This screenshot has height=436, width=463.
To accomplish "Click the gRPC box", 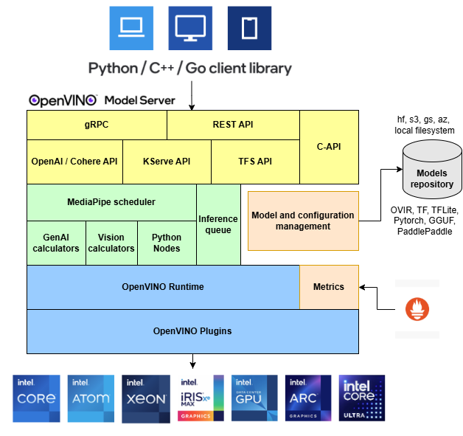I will tap(97, 125).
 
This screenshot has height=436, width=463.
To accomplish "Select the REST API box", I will tap(233, 125).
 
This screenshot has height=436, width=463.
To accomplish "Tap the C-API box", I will tap(329, 147).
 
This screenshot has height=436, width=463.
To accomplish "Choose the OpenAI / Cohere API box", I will tap(74, 162).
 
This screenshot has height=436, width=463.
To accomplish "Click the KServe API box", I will tap(167, 162).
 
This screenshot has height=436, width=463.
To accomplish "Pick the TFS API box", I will tap(255, 162).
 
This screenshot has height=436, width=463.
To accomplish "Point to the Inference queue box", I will tap(218, 224).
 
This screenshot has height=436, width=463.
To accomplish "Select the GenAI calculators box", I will tap(56, 243).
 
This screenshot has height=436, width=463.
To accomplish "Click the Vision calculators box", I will tap(111, 243).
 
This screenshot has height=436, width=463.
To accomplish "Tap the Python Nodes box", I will tap(167, 243).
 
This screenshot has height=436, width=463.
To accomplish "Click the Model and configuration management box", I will tap(303, 221).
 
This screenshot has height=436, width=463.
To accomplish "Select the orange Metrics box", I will tap(329, 287).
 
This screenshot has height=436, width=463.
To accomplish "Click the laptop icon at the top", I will tap(131, 28).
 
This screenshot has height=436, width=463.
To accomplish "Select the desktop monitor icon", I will tap(190, 28).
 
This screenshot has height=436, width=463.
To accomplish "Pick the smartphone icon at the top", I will tap(249, 28).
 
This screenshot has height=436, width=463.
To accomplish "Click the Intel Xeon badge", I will tap(146, 398).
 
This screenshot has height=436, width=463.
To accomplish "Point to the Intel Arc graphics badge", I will tap(308, 398).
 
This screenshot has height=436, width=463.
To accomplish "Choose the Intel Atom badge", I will tap(91, 398).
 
